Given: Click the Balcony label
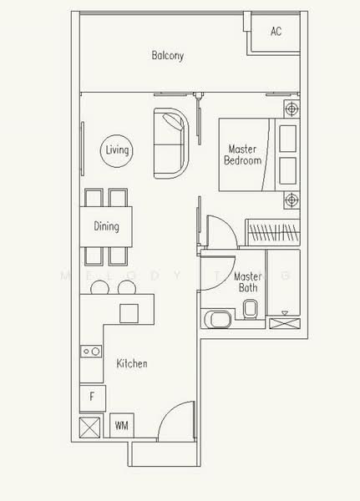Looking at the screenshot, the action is tap(168, 55).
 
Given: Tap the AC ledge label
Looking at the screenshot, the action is tap(276, 32).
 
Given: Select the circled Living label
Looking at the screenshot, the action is tap(117, 150).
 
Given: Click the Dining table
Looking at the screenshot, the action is tap(106, 226).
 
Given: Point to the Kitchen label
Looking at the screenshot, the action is tap(132, 363).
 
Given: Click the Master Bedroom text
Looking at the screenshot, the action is tap(243, 154).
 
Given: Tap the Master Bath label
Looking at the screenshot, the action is tap(248, 282).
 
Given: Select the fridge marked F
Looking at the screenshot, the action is tap(93, 398).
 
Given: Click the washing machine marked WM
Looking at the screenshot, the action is tap(121, 426).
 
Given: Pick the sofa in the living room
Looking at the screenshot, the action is tap(170, 143).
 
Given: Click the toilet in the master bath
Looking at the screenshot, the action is tap(250, 309).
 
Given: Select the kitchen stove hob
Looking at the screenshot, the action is tap(91, 352).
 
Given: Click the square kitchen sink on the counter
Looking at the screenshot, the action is tap(129, 313).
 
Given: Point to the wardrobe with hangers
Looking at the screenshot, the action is tap(272, 232).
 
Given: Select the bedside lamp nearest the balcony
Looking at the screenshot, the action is tap(292, 109).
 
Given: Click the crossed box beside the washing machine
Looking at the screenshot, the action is tap(89, 428).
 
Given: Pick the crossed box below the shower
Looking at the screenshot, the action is tap(285, 323).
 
